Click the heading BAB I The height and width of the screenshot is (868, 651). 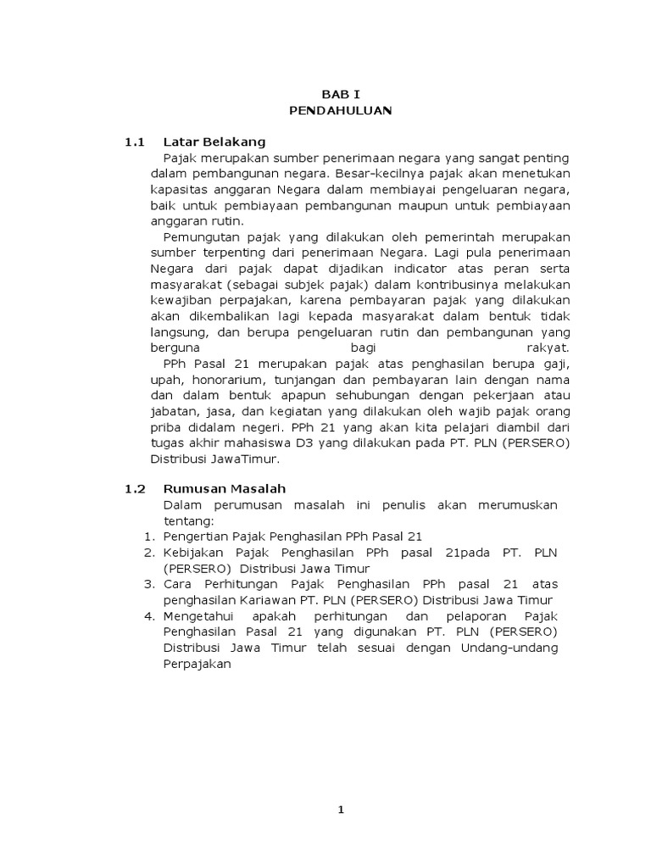point(339,95)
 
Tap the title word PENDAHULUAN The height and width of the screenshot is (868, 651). point(339,110)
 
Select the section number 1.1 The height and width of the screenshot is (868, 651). point(136,142)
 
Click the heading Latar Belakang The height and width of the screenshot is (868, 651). point(214,142)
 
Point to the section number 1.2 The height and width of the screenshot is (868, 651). point(136,489)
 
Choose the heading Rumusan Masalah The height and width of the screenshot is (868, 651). point(225,489)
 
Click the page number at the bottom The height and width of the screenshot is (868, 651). point(341,810)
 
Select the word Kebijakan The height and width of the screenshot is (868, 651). point(192,553)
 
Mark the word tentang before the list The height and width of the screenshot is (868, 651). point(186,520)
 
